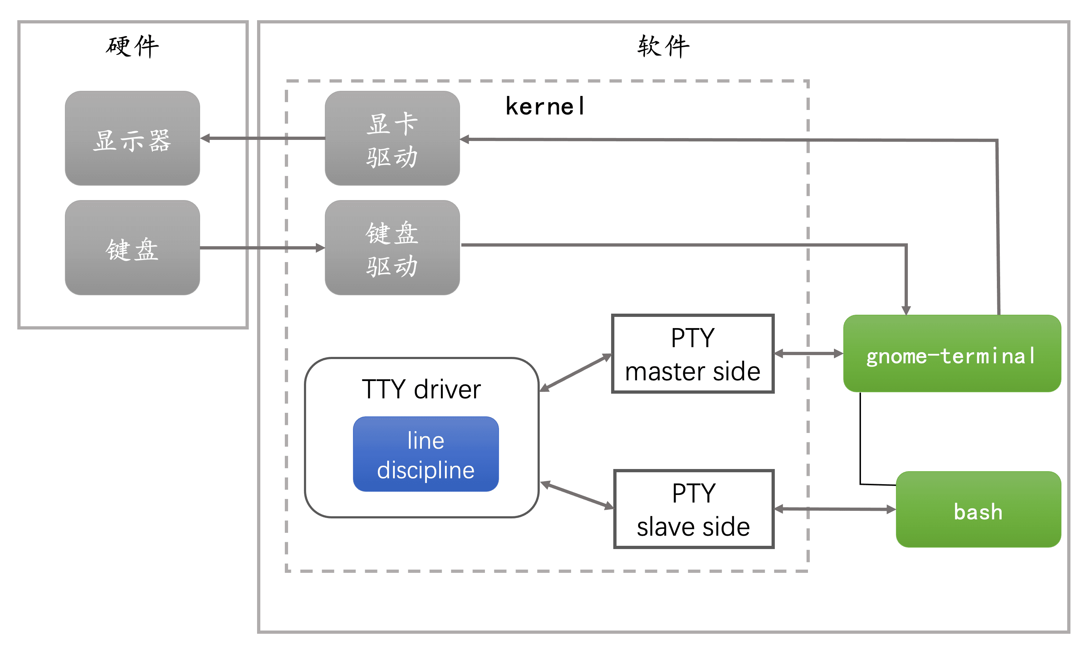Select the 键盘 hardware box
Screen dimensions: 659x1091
132,248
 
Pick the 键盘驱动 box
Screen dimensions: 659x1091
392,248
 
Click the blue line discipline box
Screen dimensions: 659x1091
426,454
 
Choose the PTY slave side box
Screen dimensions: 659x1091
694,509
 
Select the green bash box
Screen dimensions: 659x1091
979,510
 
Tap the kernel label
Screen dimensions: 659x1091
545,107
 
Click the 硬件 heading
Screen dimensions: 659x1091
132,46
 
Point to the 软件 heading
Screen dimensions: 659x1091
664,46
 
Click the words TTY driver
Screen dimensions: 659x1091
421,390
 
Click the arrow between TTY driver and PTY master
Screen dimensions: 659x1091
576,373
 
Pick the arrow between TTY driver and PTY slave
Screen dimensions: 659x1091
577,495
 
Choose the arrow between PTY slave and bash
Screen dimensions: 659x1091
835,509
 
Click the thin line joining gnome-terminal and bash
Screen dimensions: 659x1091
860,438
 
